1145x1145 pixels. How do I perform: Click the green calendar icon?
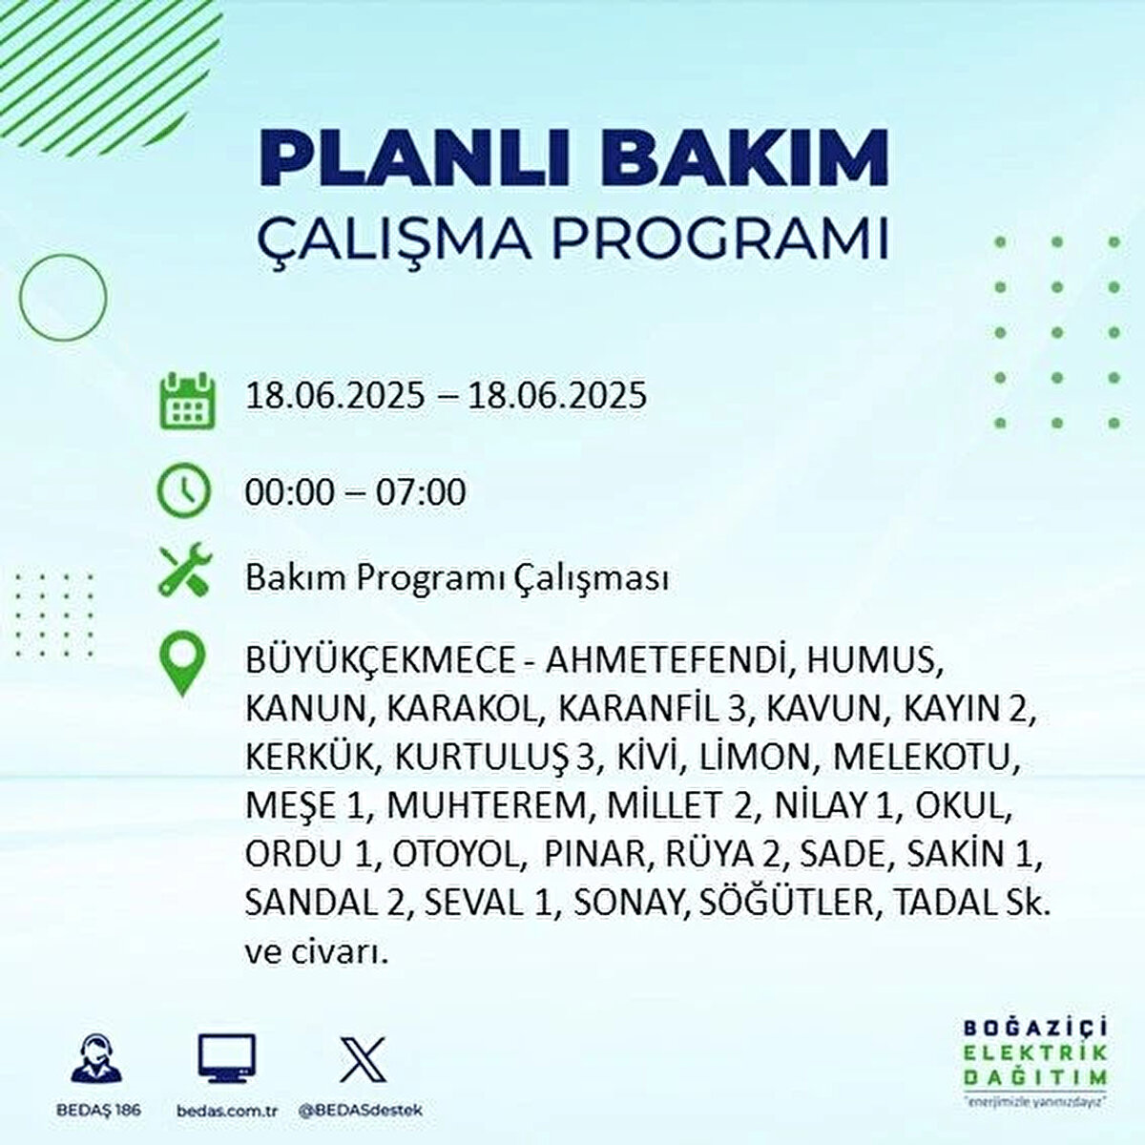coord(188,401)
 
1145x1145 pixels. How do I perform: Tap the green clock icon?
coord(183,490)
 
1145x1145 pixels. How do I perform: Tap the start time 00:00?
coord(290,492)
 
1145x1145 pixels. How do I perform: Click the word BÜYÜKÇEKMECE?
coord(381,661)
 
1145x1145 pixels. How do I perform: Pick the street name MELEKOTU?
coord(926,758)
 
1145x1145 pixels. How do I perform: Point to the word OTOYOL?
coord(456,854)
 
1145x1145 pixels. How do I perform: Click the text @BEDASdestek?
coord(360,1110)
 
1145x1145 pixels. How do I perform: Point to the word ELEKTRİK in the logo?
coord(1035,1053)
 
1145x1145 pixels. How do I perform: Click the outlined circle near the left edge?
coord(20,297)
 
